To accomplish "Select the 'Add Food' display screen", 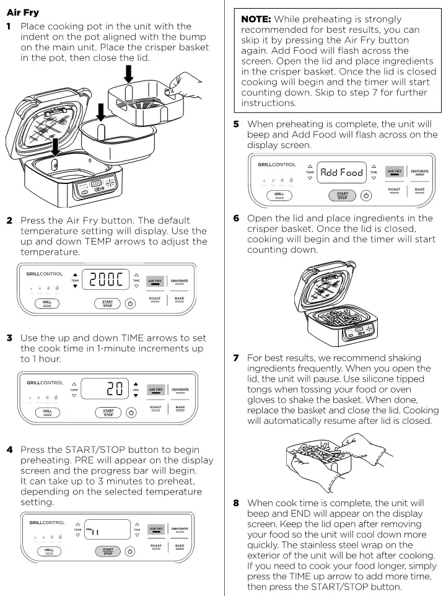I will tap(341, 173).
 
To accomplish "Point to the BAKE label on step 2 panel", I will tap(180, 300).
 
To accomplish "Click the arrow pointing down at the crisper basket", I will tap(128, 74).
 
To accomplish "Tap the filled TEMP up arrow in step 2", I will tap(76, 274).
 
